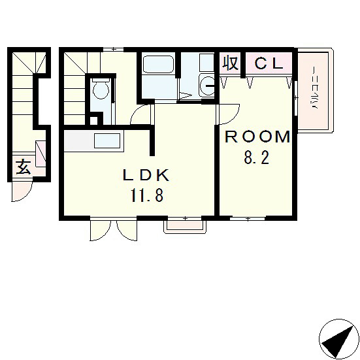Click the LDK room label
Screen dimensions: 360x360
pos(146,176)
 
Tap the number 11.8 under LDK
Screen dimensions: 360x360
pos(147,195)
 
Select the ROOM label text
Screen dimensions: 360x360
pos(257,137)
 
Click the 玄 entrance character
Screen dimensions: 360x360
pos(23,167)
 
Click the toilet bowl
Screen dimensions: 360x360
pos(101,89)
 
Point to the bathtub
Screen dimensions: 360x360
pos(157,64)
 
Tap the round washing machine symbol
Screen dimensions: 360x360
pos(207,86)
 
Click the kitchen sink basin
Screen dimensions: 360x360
pos(107,140)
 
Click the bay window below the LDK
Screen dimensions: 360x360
pos(185,226)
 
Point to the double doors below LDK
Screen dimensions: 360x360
pos(114,230)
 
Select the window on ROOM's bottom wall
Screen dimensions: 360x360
pos(248,219)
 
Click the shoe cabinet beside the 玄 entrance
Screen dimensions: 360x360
pos(41,154)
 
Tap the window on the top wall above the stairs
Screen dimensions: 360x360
pos(113,49)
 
